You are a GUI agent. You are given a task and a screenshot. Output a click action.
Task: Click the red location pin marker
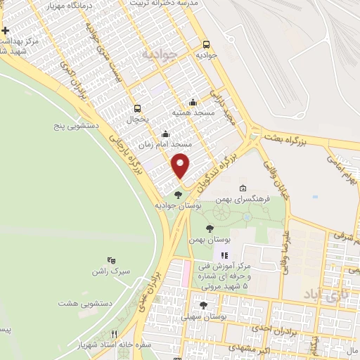tap(181, 165)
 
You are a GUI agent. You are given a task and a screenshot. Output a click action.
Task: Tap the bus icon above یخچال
tap(137, 108)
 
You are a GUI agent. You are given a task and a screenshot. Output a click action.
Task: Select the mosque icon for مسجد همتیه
tap(193, 102)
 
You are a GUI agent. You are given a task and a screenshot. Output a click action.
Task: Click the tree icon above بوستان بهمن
tap(210, 228)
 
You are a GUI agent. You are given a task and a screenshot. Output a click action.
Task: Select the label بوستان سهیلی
tap(203, 317)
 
